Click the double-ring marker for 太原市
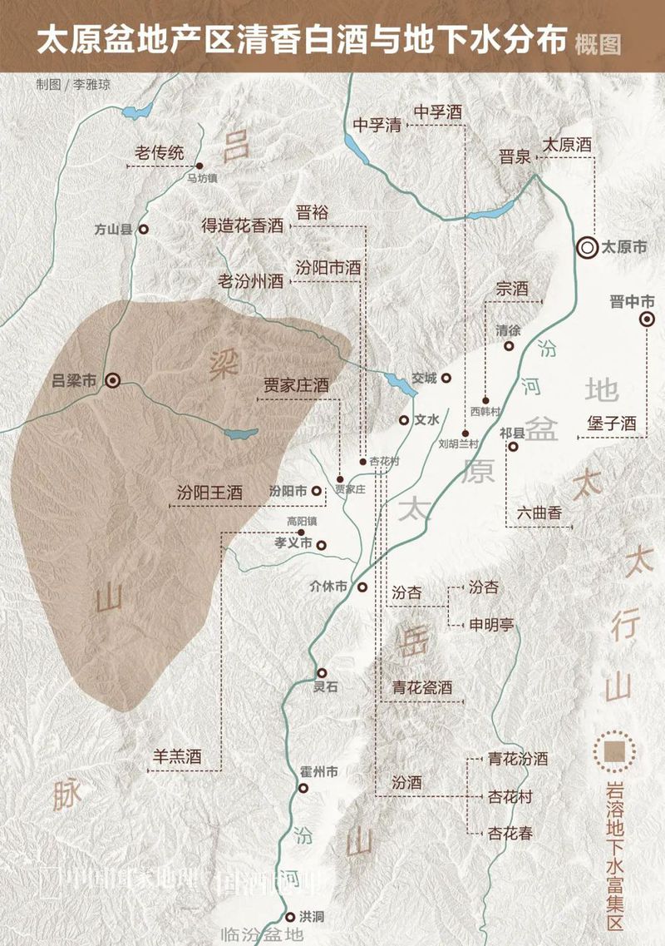coord(588,246)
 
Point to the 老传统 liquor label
coord(160,153)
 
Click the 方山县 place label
coord(114,229)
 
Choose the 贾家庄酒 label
coord(297,385)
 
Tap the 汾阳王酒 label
coord(209,492)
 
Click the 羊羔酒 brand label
coord(177,757)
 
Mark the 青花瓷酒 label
coord(422,687)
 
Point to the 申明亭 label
coord(491,624)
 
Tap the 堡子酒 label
coord(611,423)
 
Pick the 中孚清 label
coord(377,125)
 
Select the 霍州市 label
coord(318,772)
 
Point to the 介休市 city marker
coord(362,587)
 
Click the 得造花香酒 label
coord(242,226)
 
